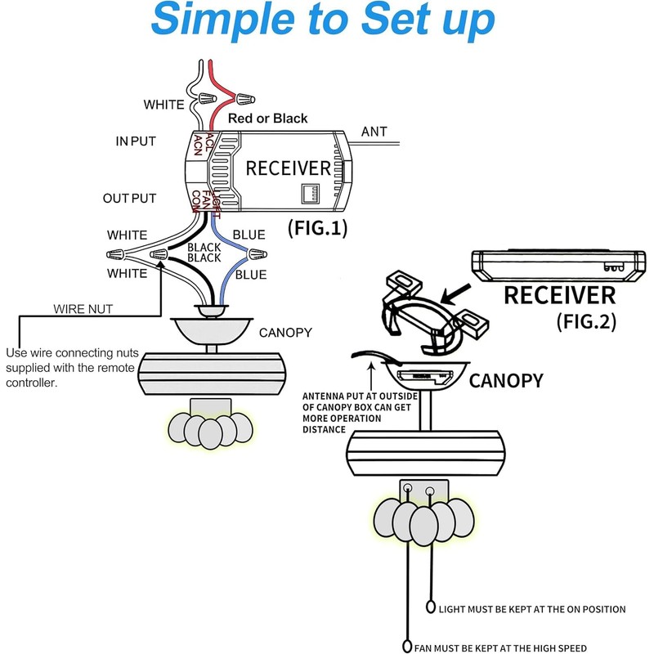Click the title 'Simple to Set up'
click(x=323, y=20)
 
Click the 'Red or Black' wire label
click(x=267, y=119)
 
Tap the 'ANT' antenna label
click(x=374, y=132)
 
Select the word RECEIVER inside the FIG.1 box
click(x=289, y=169)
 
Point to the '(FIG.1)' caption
click(x=316, y=228)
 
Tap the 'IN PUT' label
click(x=135, y=141)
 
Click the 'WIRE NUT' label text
click(x=83, y=309)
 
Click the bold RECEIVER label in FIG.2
click(x=559, y=295)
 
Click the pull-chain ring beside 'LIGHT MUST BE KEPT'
click(x=431, y=608)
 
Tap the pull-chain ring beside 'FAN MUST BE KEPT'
click(x=407, y=647)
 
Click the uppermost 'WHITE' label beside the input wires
click(x=164, y=105)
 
